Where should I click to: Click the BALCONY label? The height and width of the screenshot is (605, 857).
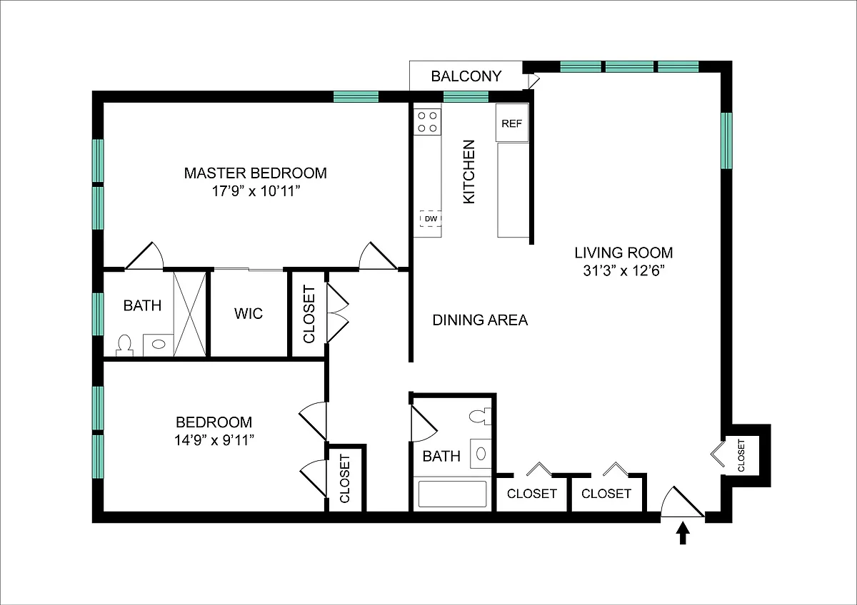(x=466, y=76)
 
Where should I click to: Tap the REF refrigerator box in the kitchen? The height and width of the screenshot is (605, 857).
(x=512, y=123)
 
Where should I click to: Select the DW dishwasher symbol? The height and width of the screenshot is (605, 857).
(x=431, y=218)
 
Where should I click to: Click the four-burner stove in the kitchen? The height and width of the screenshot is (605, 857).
(x=427, y=122)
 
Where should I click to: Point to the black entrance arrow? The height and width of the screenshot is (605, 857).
(x=683, y=533)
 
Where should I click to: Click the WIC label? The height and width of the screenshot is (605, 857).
(x=249, y=313)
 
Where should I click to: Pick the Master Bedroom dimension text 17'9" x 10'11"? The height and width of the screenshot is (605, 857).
(x=256, y=190)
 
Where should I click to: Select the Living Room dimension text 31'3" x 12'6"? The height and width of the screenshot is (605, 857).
(x=623, y=270)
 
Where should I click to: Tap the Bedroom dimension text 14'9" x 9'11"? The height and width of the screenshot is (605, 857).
(x=214, y=440)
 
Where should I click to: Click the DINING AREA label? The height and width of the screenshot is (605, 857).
(x=480, y=320)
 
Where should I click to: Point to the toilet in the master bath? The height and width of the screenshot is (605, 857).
(x=125, y=345)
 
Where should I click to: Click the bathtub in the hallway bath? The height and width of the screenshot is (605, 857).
(x=452, y=494)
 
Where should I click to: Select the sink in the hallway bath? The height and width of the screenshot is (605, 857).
(x=481, y=454)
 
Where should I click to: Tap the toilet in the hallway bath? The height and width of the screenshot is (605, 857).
(x=480, y=417)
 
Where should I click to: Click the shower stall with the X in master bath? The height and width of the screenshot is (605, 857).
(x=190, y=314)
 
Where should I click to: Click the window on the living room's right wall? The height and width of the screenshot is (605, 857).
(x=726, y=141)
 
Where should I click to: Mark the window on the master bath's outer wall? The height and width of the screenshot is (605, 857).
(x=98, y=314)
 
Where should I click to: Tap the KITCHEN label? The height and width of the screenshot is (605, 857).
(x=469, y=172)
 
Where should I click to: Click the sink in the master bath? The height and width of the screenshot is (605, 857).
(x=159, y=345)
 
